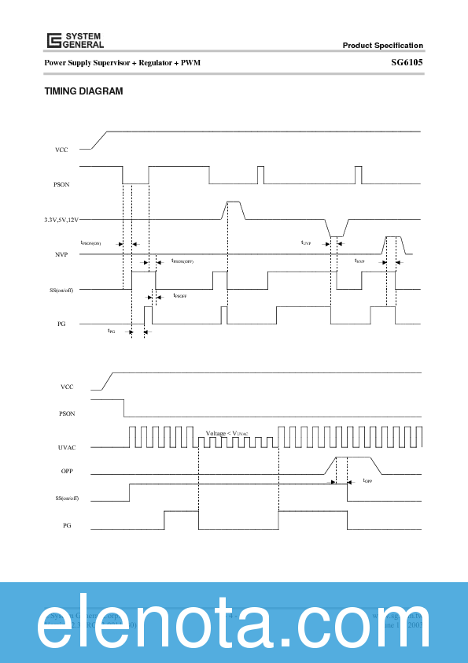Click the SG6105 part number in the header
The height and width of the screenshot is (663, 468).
[x=407, y=62]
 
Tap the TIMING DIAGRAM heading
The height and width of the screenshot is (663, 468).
[x=83, y=91]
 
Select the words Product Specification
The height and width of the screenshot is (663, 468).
[x=382, y=46]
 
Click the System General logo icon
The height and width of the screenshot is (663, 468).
[x=53, y=41]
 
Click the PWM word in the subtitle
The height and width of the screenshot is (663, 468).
[x=190, y=62]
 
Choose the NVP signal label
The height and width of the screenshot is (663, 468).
[x=61, y=255]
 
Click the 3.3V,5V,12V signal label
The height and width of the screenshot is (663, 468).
[x=61, y=220]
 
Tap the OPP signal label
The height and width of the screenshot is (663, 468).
[x=67, y=473]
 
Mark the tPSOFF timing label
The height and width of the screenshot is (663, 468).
[x=180, y=295]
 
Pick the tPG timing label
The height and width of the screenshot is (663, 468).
[x=112, y=331]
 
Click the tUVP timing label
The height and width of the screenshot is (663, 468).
[x=307, y=243]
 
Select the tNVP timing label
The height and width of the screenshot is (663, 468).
[x=359, y=261]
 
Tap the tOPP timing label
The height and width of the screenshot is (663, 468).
[x=367, y=481]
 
